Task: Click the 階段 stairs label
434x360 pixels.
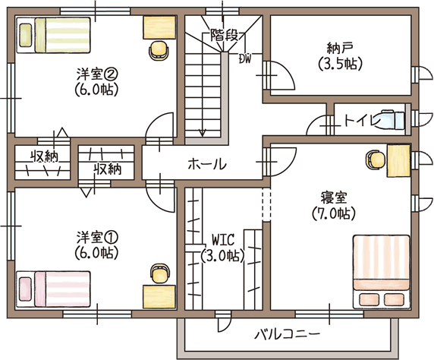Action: click(x=225, y=35)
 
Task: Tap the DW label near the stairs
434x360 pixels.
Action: click(x=245, y=58)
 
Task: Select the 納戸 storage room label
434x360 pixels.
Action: click(x=340, y=49)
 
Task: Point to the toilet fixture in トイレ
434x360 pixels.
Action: click(x=392, y=119)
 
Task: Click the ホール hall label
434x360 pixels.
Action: click(x=207, y=164)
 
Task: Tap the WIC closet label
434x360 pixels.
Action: click(x=223, y=240)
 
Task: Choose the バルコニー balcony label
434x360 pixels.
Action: click(x=288, y=333)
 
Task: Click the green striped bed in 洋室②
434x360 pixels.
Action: click(x=53, y=35)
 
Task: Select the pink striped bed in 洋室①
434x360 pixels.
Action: click(x=53, y=289)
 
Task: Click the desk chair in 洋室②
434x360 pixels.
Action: click(x=159, y=50)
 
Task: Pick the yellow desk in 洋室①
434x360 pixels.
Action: click(x=159, y=297)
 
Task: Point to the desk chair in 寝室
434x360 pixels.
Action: click(x=376, y=160)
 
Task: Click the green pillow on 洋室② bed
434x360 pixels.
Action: click(x=26, y=35)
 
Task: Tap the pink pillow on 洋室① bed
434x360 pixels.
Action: click(x=26, y=289)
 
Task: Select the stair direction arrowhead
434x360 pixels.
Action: click(x=203, y=134)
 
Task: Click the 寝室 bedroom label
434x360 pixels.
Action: click(x=334, y=198)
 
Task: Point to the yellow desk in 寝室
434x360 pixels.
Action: click(x=398, y=160)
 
